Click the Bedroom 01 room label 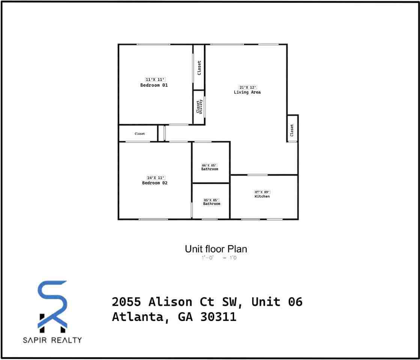pyautogui.click(x=154, y=85)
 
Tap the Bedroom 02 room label pyautogui.click(x=155, y=183)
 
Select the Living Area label pyautogui.click(x=247, y=92)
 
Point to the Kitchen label pyautogui.click(x=262, y=196)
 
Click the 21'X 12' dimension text pyautogui.click(x=248, y=87)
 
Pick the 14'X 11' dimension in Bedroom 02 pyautogui.click(x=156, y=178)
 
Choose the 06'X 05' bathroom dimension pyautogui.click(x=209, y=165)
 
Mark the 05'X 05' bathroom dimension pyautogui.click(x=211, y=200)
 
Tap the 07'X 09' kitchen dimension pyautogui.click(x=262, y=192)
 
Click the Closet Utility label pyautogui.click(x=199, y=107)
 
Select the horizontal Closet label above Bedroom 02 pyautogui.click(x=140, y=134)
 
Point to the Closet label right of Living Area pyautogui.click(x=292, y=130)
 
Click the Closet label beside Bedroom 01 pyautogui.click(x=199, y=68)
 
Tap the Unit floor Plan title pyautogui.click(x=216, y=249)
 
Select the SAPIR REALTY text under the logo pyautogui.click(x=52, y=340)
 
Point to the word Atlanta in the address pyautogui.click(x=138, y=317)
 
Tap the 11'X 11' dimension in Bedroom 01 pyautogui.click(x=155, y=79)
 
